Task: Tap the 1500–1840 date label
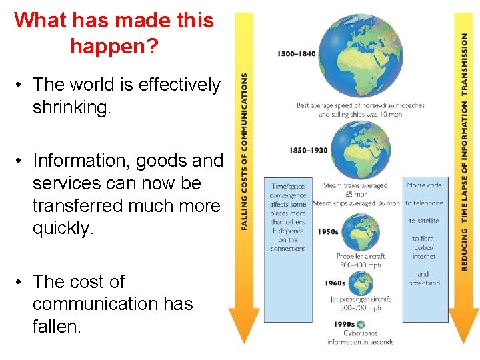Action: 297,54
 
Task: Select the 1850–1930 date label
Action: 309,151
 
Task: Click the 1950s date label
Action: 329,232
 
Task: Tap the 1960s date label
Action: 335,283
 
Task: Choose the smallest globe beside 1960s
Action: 361,283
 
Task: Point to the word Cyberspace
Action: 361,333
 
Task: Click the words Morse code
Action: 424,185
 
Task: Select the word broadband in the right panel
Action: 424,283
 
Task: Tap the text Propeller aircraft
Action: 360,256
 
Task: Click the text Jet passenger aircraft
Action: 359,299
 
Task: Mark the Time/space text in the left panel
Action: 288,187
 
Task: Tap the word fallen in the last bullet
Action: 55,326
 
